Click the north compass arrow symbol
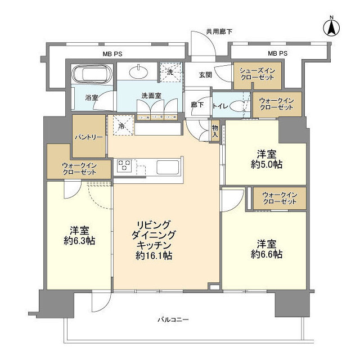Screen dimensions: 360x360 coord(332,26)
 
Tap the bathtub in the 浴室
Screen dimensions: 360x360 coord(91,74)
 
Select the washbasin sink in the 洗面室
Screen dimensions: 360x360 coord(138,71)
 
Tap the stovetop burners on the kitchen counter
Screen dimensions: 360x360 coord(124,166)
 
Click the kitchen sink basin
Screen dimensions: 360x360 coord(167,167)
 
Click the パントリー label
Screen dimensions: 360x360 coord(88,137)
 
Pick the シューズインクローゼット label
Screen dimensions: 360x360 coord(256,73)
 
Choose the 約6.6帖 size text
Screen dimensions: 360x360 coord(266,254)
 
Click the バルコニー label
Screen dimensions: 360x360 coord(173,320)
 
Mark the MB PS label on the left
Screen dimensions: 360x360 coord(112,54)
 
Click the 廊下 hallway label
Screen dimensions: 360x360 coord(197,105)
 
